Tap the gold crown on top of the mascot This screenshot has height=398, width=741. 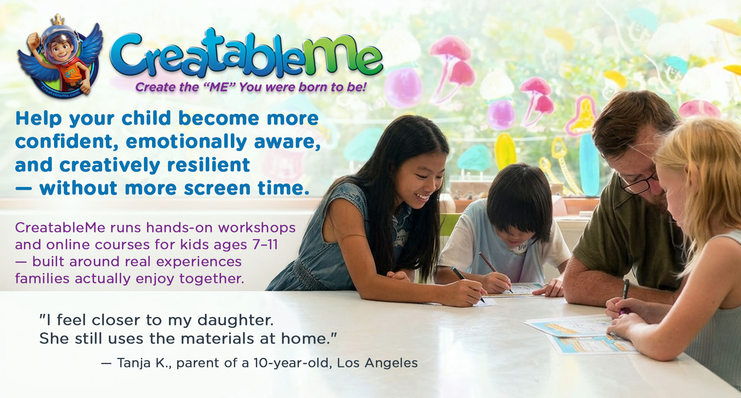coord(58,19)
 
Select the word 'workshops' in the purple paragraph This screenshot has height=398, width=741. coord(257,228)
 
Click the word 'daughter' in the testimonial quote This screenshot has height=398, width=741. coord(235,320)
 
